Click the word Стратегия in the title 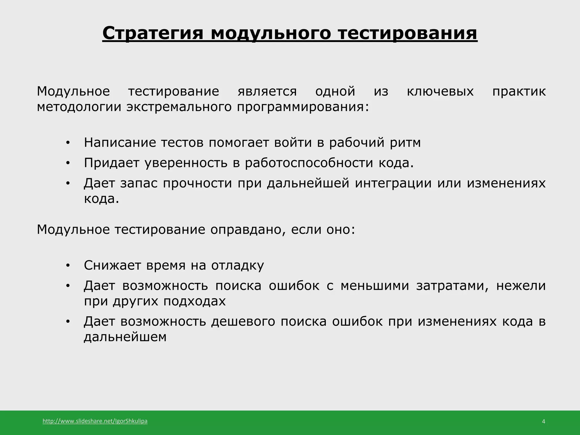click(x=153, y=33)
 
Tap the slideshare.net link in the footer click(x=95, y=421)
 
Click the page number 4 click(x=543, y=422)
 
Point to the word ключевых click(x=440, y=91)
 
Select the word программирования click(x=303, y=107)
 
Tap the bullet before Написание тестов click(x=67, y=143)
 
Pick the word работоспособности click(x=309, y=163)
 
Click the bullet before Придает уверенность click(x=67, y=163)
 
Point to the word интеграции click(x=393, y=183)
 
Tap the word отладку click(x=237, y=266)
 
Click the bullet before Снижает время click(x=67, y=266)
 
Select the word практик click(x=519, y=91)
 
